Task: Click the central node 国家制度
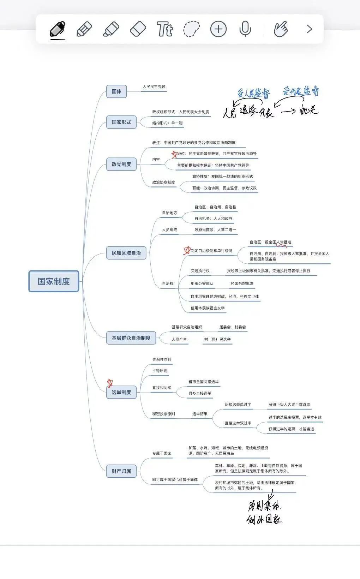click(x=54, y=281)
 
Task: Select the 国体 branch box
click(x=116, y=91)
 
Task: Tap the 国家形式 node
click(x=121, y=122)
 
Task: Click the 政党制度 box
click(x=121, y=164)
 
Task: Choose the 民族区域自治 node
click(x=126, y=253)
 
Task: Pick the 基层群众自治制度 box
click(x=131, y=338)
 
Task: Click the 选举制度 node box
click(x=121, y=392)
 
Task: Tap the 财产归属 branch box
click(x=121, y=471)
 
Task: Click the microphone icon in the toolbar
click(x=245, y=29)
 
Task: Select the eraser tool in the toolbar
click(x=138, y=29)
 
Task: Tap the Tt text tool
click(x=164, y=29)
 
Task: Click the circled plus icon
click(x=218, y=29)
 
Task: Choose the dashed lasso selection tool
click(x=191, y=29)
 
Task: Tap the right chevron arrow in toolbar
click(x=309, y=29)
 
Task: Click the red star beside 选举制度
click(x=110, y=383)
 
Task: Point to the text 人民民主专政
click(x=154, y=87)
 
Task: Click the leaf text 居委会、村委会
click(x=232, y=327)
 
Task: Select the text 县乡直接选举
click(x=200, y=393)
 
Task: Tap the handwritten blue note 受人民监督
click(x=253, y=93)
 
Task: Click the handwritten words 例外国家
click(x=264, y=519)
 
